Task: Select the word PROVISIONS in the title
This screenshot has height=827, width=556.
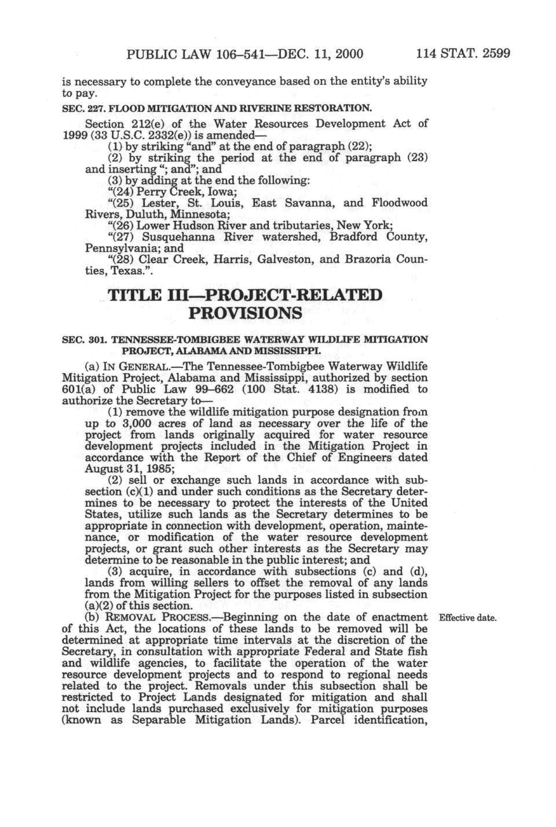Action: pyautogui.click(x=246, y=314)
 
